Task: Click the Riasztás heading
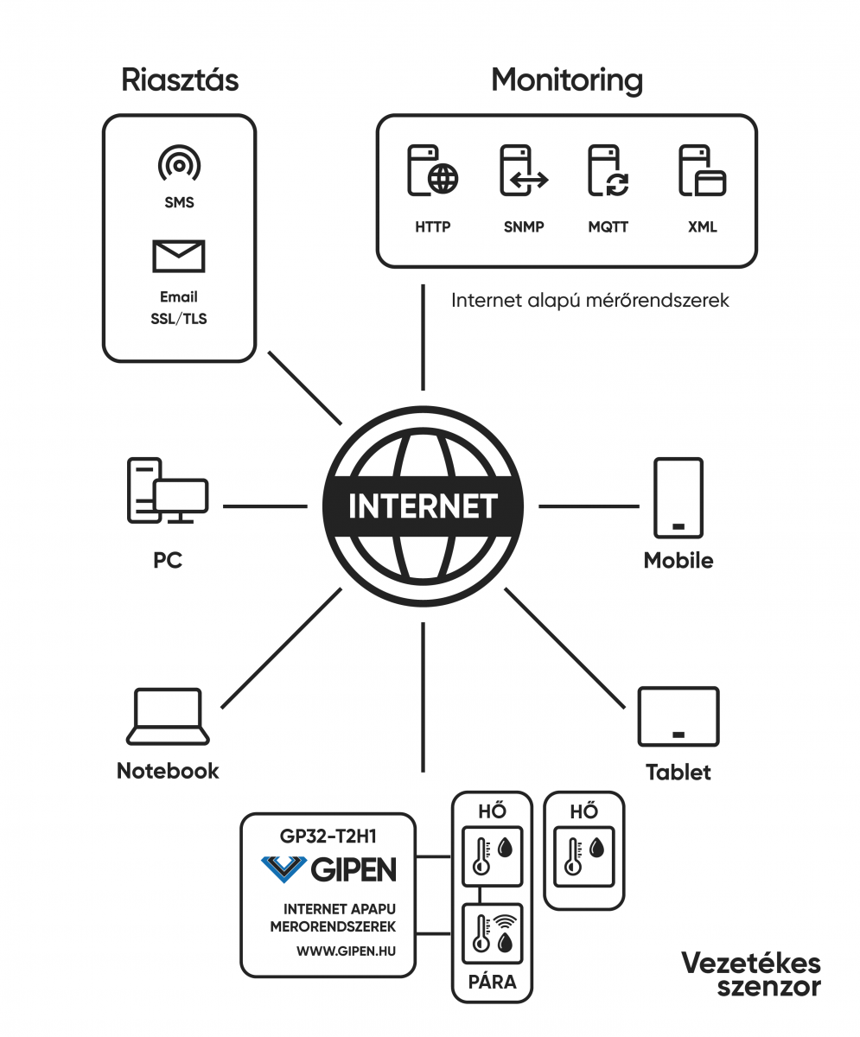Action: coord(180,80)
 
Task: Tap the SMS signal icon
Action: coord(180,163)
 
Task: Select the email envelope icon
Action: coord(179,257)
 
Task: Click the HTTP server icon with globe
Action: coord(433,170)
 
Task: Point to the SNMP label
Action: coord(524,227)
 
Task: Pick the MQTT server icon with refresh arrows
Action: coord(608,170)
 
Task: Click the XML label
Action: coord(702,227)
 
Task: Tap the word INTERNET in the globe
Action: coord(423,506)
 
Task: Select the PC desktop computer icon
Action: coord(168,491)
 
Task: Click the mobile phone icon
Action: coord(678,498)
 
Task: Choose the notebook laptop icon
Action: coord(168,716)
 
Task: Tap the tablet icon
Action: coord(678,716)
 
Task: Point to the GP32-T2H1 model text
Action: coord(328,837)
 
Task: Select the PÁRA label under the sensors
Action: coord(493,982)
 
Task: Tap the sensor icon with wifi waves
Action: coord(493,933)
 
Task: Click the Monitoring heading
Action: coord(567,80)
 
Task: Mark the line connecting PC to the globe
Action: coord(265,506)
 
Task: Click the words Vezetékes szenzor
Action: coord(751,975)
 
